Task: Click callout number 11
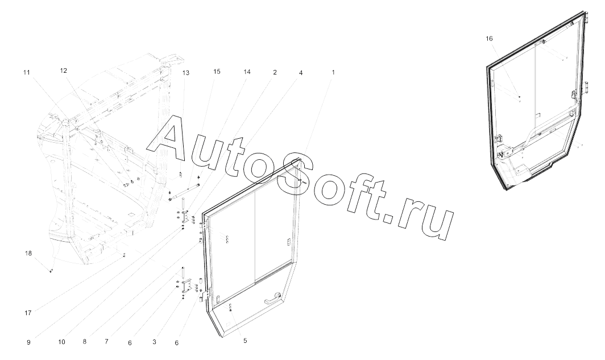click(x=26, y=72)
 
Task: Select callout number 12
click(x=64, y=71)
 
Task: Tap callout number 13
click(x=186, y=73)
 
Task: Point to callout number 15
click(x=217, y=72)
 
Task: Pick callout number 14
click(x=247, y=72)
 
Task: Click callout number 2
click(x=275, y=72)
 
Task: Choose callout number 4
click(x=301, y=73)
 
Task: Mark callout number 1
click(x=333, y=72)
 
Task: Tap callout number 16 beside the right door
click(x=490, y=38)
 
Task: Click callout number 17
click(x=28, y=312)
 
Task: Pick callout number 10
click(x=61, y=342)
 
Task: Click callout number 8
click(x=84, y=342)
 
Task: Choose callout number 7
click(x=106, y=342)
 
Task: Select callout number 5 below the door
click(x=245, y=341)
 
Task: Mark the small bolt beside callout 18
click(x=51, y=271)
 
